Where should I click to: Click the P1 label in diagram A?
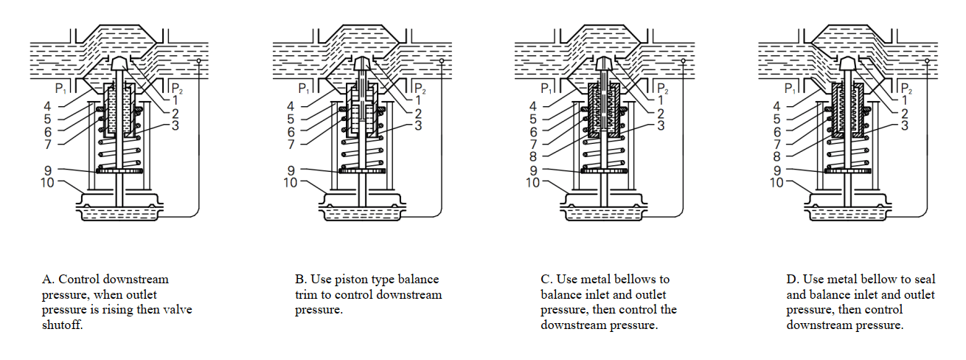point(60,89)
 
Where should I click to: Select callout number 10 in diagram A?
point(47,182)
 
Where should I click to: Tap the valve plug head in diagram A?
point(119,65)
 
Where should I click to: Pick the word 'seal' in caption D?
point(924,280)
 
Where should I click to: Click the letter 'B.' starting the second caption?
point(300,280)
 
